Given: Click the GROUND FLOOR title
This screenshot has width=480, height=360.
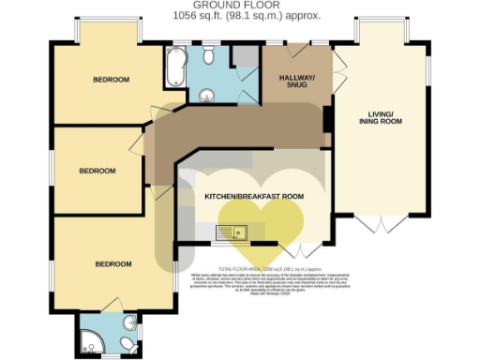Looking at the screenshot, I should point(240,6).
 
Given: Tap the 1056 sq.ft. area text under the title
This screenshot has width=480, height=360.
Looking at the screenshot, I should point(240,16).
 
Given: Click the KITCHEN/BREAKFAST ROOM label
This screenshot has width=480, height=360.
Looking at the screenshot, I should point(255,196).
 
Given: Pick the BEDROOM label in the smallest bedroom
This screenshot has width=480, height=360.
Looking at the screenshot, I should point(97,171).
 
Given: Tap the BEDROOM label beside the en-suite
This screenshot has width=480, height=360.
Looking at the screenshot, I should point(113,263).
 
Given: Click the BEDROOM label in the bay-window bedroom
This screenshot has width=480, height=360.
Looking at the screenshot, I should point(111,80).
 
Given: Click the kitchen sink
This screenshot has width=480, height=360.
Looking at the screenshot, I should point(231,232).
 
